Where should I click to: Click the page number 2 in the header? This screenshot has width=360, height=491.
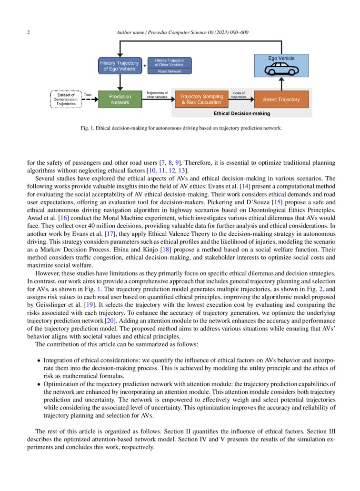click(x=29, y=32)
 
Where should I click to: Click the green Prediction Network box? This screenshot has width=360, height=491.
click(x=120, y=99)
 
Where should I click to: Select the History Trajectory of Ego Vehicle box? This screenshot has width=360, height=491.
click(x=119, y=66)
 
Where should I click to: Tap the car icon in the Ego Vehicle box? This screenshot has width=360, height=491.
click(x=280, y=70)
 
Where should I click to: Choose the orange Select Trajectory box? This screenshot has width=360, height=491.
click(x=281, y=100)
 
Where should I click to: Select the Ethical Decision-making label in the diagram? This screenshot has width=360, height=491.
click(x=241, y=113)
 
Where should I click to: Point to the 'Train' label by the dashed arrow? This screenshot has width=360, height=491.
click(x=88, y=95)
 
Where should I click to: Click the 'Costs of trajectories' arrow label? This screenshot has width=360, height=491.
click(x=239, y=95)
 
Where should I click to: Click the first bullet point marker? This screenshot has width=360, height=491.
click(x=39, y=361)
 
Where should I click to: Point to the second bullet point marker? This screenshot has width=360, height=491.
click(x=39, y=384)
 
